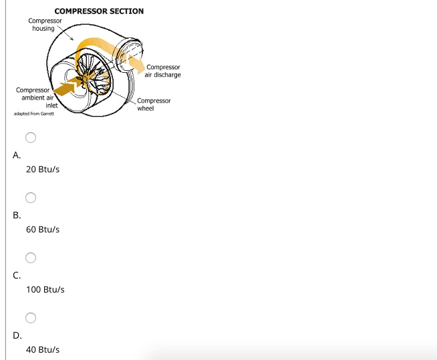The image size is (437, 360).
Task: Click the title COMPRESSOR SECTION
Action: tap(99, 11)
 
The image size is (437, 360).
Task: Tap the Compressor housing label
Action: tap(45, 24)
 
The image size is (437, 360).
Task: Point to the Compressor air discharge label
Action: tap(163, 71)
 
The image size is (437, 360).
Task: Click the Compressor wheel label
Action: tap(154, 104)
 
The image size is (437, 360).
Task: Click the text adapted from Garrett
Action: tap(33, 114)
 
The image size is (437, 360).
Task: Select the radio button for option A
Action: tap(31, 138)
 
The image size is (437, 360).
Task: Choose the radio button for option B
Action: tap(31, 198)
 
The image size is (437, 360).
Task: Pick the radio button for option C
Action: tap(31, 258)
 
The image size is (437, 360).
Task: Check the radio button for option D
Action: tap(31, 318)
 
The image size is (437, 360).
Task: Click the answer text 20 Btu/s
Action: tap(43, 170)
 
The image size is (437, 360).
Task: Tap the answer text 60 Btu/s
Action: tap(43, 229)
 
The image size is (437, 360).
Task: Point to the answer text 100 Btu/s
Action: tap(45, 290)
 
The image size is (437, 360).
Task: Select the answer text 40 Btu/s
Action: tap(43, 349)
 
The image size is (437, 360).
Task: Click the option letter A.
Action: tap(17, 154)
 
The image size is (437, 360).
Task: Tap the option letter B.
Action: tap(17, 214)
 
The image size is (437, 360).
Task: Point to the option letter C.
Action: tap(17, 275)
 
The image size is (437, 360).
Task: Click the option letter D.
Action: tap(17, 335)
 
